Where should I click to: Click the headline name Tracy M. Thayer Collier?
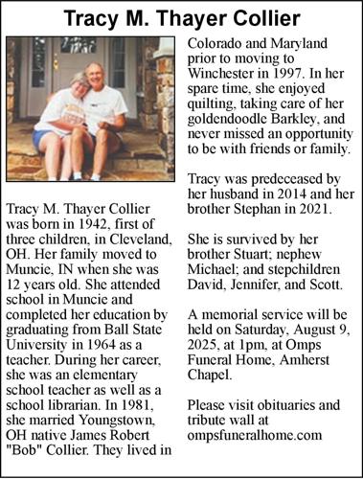click(181, 17)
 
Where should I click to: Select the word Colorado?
click(217, 43)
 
